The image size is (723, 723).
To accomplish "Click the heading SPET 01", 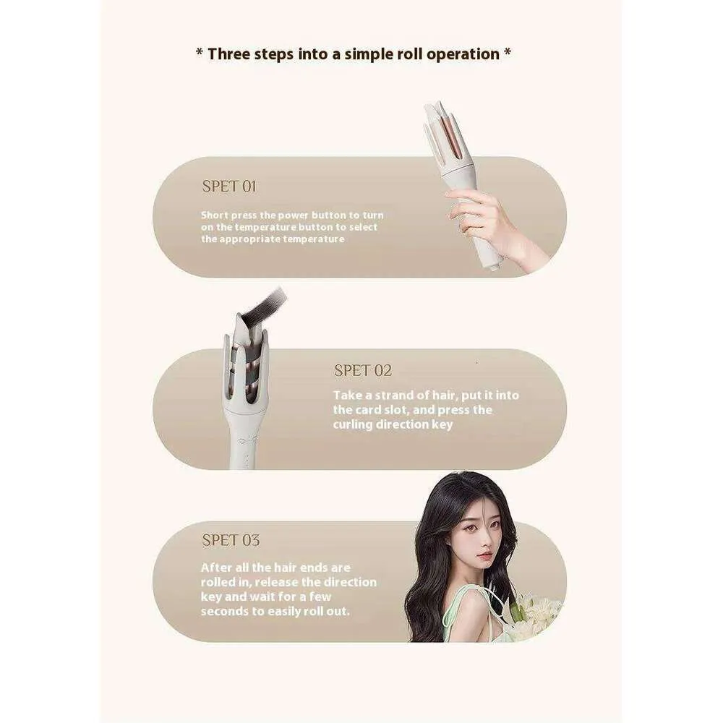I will click(x=229, y=187).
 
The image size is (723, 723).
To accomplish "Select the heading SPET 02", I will click(x=362, y=371).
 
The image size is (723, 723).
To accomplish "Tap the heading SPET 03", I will click(x=231, y=540).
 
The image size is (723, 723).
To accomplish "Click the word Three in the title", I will click(x=231, y=54).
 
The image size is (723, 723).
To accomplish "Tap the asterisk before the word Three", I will click(x=199, y=54).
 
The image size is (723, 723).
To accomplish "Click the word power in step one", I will click(x=283, y=215).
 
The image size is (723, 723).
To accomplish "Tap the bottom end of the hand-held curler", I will click(x=494, y=263).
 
